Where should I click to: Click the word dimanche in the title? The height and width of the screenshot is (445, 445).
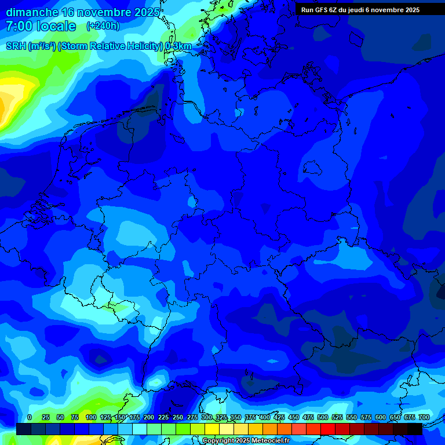click(31, 12)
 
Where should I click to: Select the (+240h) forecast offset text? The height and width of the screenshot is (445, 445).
click(103, 26)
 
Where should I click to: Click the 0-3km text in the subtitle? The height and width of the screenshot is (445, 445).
click(178, 46)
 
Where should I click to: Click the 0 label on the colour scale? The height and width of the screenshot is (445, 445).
click(30, 417)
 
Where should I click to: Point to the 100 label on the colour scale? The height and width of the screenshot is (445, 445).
click(91, 417)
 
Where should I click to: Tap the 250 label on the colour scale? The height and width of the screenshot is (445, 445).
click(178, 417)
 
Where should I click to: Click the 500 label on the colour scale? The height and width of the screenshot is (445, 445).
click(323, 417)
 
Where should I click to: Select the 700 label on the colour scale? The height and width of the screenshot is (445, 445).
click(424, 417)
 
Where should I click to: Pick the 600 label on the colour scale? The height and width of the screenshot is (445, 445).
click(381, 417)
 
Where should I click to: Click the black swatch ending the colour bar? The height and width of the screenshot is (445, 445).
click(415, 429)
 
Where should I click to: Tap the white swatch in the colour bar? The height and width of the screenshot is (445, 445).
click(139, 429)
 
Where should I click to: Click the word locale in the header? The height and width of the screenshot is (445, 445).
click(56, 26)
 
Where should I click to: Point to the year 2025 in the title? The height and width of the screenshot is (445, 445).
click(148, 12)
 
